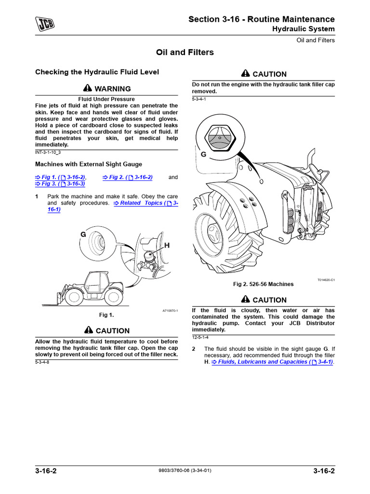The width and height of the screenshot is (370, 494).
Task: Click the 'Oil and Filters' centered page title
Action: click(x=185, y=52)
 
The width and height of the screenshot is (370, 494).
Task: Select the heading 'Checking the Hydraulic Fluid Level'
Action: click(x=97, y=72)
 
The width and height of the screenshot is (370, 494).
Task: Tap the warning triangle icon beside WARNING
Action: click(x=87, y=89)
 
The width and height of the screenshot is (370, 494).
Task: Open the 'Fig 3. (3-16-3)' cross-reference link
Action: click(x=60, y=184)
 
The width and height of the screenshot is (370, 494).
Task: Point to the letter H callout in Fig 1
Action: click(x=167, y=246)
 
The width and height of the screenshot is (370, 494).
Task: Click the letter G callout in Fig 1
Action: click(x=83, y=234)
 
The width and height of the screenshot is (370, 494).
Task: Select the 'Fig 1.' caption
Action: click(x=106, y=315)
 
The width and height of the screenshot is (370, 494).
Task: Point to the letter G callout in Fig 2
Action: click(x=203, y=154)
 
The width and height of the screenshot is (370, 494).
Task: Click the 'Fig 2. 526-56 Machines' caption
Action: click(x=263, y=284)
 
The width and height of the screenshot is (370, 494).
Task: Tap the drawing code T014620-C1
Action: click(x=326, y=280)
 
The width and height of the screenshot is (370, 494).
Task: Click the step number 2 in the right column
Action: click(x=194, y=349)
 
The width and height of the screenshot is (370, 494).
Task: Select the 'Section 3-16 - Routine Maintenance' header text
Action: click(x=261, y=19)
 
